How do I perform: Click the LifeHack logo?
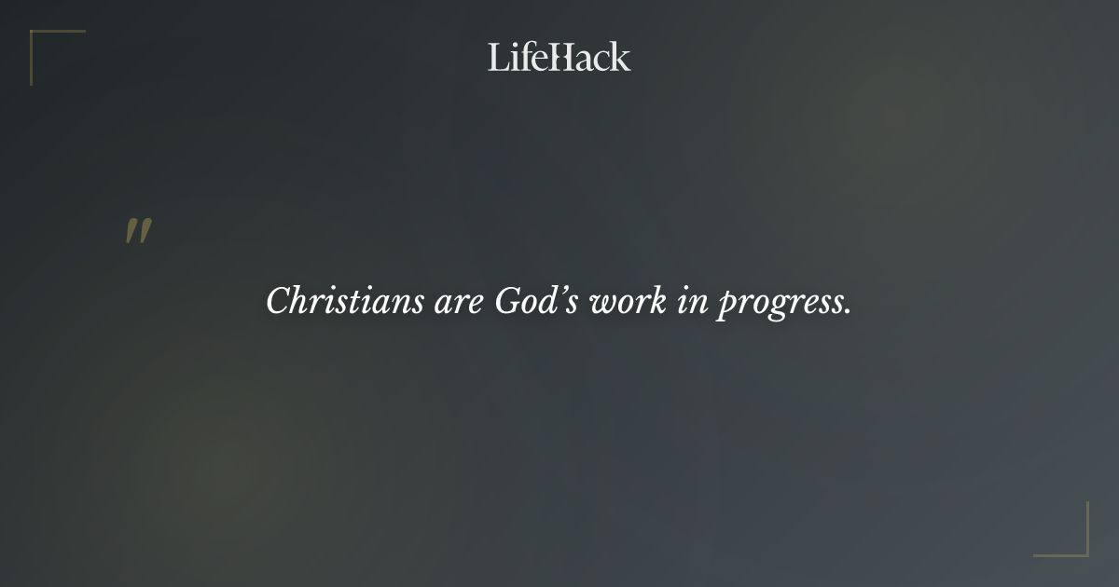(x=559, y=57)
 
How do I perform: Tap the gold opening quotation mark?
(x=138, y=231)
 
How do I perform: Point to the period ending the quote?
(x=848, y=312)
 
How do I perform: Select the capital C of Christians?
(x=277, y=302)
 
